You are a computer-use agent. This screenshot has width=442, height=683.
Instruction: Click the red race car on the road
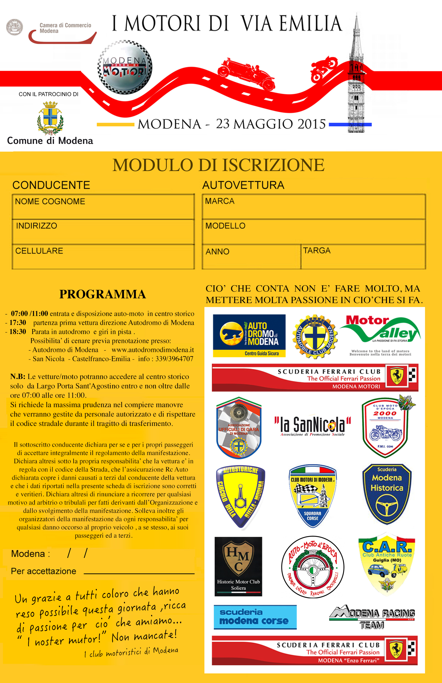(x=246, y=73)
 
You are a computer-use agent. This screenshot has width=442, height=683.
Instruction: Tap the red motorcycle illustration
(x=324, y=69)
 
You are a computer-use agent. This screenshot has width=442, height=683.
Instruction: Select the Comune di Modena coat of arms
(x=50, y=118)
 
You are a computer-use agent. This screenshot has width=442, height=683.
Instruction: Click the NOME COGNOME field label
(x=50, y=201)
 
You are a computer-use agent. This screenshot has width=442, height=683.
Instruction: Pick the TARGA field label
(x=317, y=250)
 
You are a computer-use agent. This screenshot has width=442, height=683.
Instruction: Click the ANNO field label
(x=217, y=252)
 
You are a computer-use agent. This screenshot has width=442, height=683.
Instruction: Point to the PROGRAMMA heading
(x=103, y=294)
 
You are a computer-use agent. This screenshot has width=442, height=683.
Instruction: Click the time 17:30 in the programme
(x=18, y=323)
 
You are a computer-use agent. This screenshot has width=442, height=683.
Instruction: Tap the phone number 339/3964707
(x=174, y=359)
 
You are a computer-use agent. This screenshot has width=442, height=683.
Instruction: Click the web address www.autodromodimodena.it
(x=153, y=350)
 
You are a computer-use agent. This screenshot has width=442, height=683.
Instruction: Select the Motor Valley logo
(x=380, y=335)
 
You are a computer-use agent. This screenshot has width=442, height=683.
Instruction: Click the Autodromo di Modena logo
(x=249, y=336)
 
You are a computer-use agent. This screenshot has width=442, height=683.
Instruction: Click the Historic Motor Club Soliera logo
(x=238, y=566)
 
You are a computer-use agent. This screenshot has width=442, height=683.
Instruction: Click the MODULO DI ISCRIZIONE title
(x=219, y=165)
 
